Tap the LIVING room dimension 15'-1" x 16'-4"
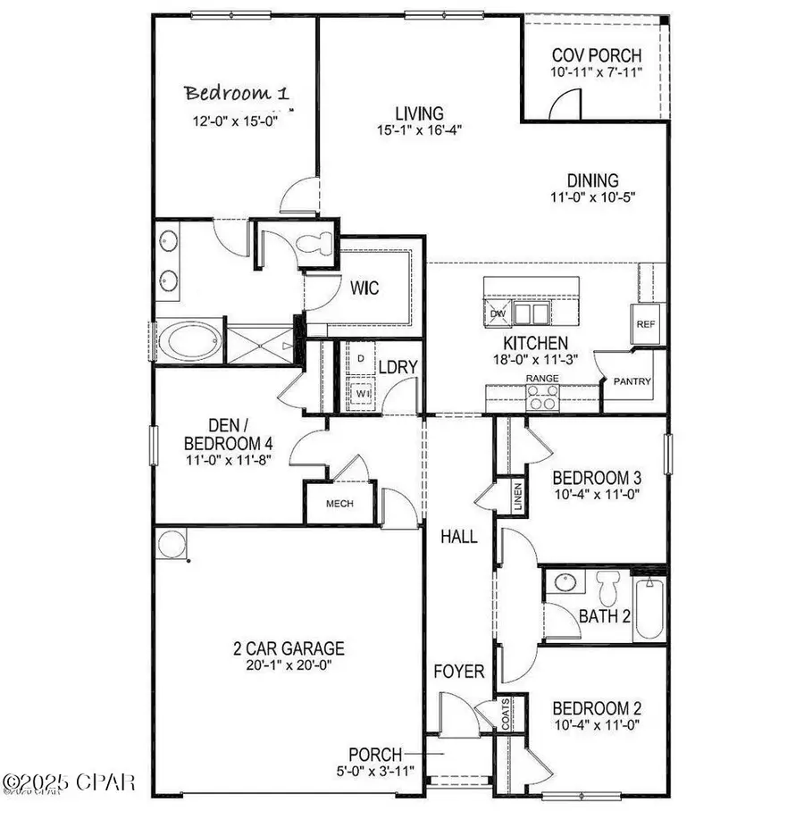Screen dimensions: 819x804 tap(419, 130)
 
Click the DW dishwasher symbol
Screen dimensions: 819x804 tap(497, 313)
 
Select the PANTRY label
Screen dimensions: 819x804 tap(632, 381)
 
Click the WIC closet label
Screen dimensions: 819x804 tap(364, 288)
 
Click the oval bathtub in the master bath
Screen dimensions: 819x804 tap(189, 341)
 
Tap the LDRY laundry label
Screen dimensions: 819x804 tap(393, 367)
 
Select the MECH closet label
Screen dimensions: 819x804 tap(339, 504)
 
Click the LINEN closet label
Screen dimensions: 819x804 tap(518, 497)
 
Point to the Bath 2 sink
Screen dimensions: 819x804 tap(565, 583)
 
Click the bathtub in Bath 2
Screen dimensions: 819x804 tap(649, 608)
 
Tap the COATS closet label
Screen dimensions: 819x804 tap(505, 715)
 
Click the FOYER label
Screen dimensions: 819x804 tap(459, 672)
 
